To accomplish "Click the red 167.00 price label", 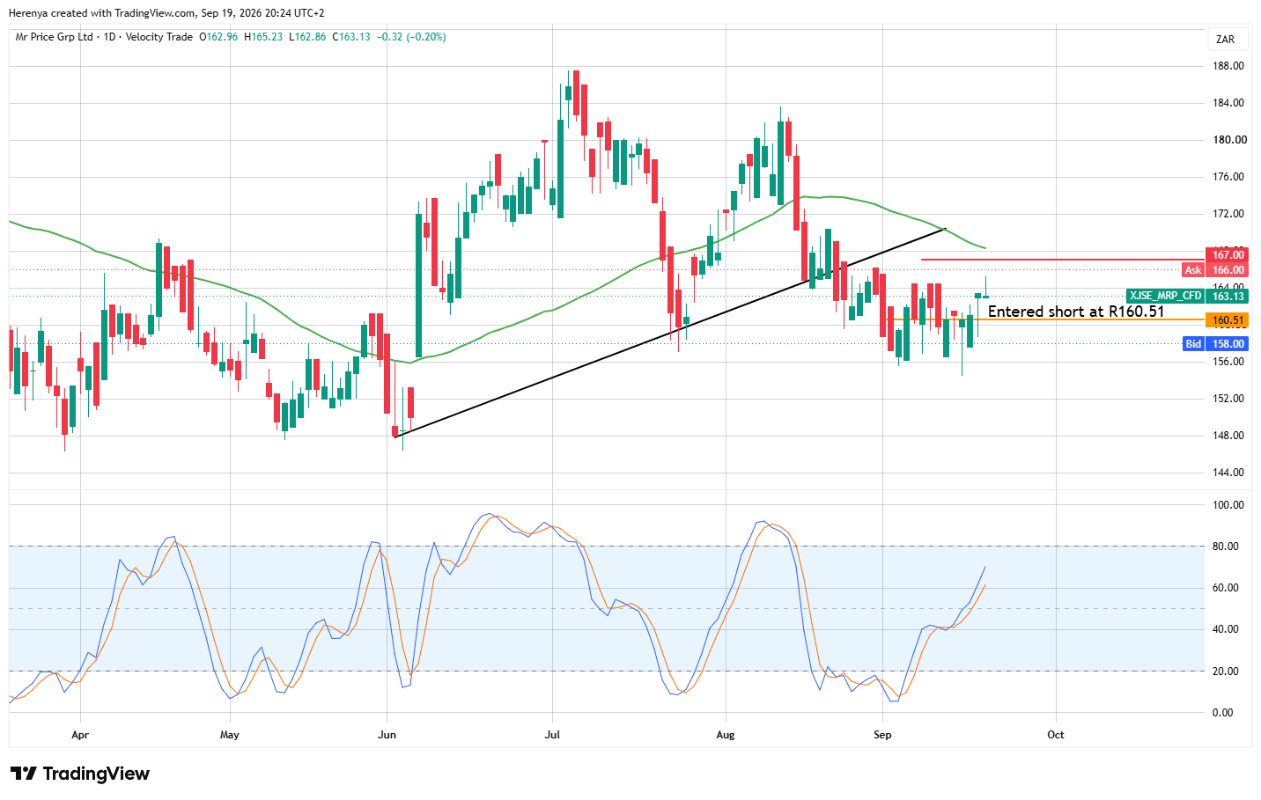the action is tap(1227, 255).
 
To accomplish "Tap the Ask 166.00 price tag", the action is tap(1215, 270).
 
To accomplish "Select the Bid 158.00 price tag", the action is tap(1216, 344).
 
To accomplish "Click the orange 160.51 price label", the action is tap(1227, 320).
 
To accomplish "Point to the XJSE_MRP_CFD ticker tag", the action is tap(1165, 296).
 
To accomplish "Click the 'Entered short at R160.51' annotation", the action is tap(1076, 312).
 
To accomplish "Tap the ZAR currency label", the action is tap(1225, 40).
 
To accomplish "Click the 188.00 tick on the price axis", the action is tap(1228, 66).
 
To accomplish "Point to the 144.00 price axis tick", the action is tap(1228, 472).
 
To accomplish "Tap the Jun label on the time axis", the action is tap(387, 735).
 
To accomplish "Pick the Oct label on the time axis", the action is tap(1056, 735).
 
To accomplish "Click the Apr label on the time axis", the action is tap(80, 735).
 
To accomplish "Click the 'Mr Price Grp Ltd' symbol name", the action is tap(54, 37).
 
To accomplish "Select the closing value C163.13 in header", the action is tap(351, 37).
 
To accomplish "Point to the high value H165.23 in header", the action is tap(263, 37).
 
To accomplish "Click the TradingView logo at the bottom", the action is tap(80, 774).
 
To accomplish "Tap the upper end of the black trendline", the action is tap(946, 229).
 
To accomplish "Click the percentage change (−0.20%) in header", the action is tap(427, 37).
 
